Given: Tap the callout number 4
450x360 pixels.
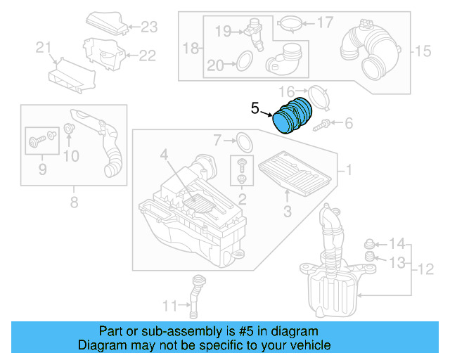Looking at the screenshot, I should [163, 154].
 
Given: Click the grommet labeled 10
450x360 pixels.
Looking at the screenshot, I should [70, 129].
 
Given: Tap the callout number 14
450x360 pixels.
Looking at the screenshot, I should [397, 244].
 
